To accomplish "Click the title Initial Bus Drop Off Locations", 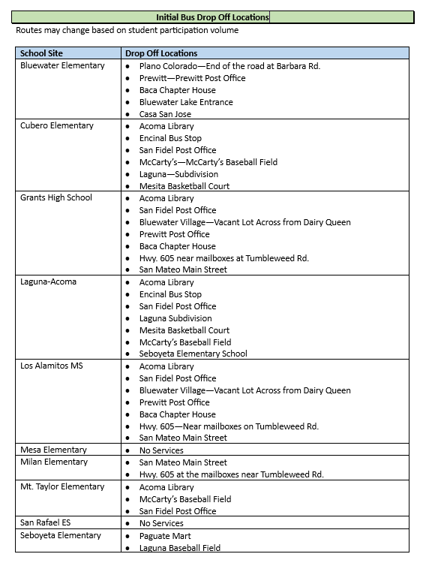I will pyautogui.click(x=212, y=17).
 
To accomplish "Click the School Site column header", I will pyautogui.click(x=41, y=53).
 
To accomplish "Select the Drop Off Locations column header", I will pyautogui.click(x=161, y=53).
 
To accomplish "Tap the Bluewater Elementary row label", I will pyautogui.click(x=62, y=66).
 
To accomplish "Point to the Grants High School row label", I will pyautogui.click(x=56, y=197).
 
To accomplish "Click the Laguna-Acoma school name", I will pyautogui.click(x=49, y=282).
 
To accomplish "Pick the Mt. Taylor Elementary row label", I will pyautogui.click(x=62, y=486).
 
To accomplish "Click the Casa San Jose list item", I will pyautogui.click(x=165, y=114).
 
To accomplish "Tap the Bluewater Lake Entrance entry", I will pyautogui.click(x=186, y=102).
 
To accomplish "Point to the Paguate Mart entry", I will pyautogui.click(x=165, y=536).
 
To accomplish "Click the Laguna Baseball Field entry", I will pyautogui.click(x=180, y=548).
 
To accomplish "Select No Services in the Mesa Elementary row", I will pyautogui.click(x=161, y=450).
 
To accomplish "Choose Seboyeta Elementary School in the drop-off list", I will pyautogui.click(x=193, y=354).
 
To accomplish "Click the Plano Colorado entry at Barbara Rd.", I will pyautogui.click(x=229, y=66).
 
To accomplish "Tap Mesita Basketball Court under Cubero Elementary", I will pyautogui.click(x=184, y=185).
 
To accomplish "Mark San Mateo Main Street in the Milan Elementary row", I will pyautogui.click(x=183, y=462).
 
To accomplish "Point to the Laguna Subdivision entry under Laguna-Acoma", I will pyautogui.click(x=175, y=318).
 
